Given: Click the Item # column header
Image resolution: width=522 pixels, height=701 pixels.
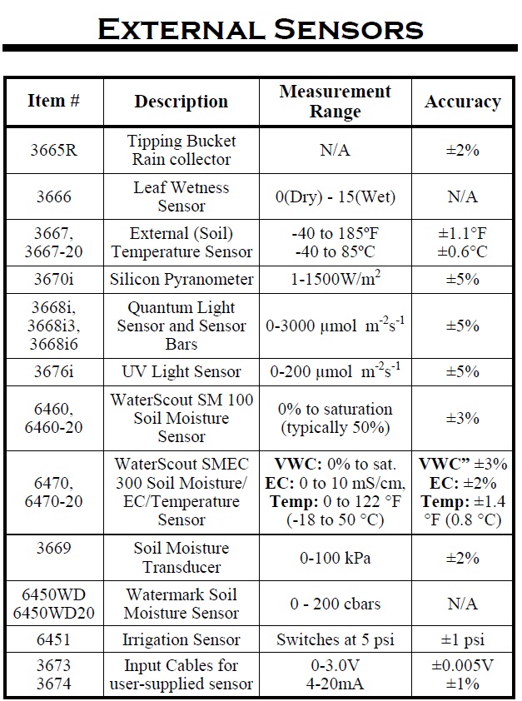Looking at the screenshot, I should click(x=54, y=101).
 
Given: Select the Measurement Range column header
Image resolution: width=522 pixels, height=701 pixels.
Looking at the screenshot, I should click(x=335, y=101).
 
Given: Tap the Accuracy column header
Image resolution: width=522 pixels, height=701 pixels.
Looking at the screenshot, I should click(x=462, y=102).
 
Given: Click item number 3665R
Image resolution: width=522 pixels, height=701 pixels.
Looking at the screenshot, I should click(x=54, y=151).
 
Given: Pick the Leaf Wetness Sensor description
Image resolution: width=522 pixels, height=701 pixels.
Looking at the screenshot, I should click(x=181, y=196).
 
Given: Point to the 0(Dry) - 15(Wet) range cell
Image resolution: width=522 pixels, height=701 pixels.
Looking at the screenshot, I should click(x=335, y=197).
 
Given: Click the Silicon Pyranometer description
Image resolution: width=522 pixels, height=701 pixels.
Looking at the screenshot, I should click(x=181, y=280).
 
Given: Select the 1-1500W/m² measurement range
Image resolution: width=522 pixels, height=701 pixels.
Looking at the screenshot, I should click(x=335, y=280).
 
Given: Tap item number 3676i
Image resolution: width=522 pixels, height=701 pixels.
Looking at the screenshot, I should click(x=54, y=371).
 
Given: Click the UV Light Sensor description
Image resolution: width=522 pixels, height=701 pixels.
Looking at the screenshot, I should click(x=181, y=371).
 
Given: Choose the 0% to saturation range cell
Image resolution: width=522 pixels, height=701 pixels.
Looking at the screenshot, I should click(x=335, y=418).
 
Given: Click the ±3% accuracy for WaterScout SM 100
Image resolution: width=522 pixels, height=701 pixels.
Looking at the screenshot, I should click(x=462, y=418).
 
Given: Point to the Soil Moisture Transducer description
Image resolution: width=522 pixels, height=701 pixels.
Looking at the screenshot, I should click(x=181, y=558).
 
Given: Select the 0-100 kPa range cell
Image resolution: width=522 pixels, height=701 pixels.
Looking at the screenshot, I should click(x=335, y=558).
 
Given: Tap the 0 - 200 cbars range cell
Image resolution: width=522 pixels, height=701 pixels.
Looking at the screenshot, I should click(x=335, y=604).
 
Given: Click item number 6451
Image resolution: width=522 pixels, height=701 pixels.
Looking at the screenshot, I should click(x=54, y=640).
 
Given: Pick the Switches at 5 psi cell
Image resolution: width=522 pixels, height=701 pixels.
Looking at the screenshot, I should click(x=335, y=640).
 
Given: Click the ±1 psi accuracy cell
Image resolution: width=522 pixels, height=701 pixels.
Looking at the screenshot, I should click(x=462, y=640).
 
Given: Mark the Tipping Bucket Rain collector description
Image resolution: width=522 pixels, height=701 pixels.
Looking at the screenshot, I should click(x=181, y=151).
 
